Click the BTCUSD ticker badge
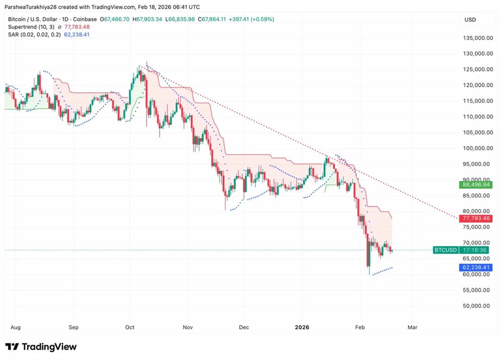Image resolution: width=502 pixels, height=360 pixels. click(445, 250)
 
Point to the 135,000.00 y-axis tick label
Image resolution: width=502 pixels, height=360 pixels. click(476, 38)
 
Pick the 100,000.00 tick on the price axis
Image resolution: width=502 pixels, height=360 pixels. click(476, 148)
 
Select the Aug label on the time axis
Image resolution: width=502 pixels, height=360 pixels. click(16, 327)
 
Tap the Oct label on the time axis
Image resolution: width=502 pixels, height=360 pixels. click(130, 327)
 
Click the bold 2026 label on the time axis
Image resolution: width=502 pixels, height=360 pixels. click(302, 327)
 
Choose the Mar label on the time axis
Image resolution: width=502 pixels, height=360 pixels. click(412, 327)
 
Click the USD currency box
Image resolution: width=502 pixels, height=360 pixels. click(470, 20)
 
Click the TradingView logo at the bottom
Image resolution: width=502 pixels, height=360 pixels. click(41, 347)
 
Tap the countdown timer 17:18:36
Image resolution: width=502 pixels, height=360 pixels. click(475, 250)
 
